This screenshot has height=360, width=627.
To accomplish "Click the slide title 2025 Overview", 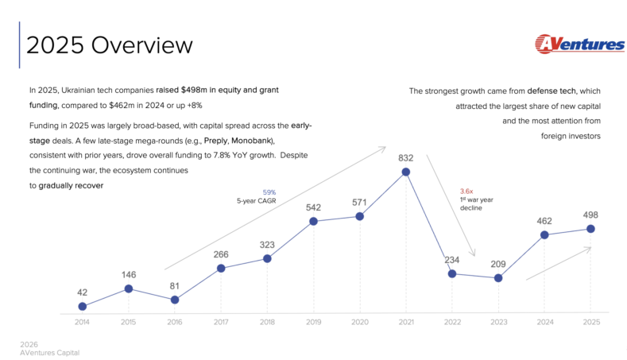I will (110, 45).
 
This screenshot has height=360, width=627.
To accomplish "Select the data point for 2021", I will (406, 172).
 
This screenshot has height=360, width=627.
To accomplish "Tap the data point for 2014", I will (82, 306).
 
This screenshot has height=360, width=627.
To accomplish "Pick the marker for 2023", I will (498, 278).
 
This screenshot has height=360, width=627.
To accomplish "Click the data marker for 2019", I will (313, 221).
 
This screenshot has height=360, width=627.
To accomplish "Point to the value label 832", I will (406, 158).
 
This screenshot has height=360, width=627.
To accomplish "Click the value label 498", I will (590, 215).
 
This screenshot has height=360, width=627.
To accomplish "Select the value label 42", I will (82, 292).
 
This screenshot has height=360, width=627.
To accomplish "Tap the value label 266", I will (221, 254).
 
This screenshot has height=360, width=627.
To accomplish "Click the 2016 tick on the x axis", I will (175, 322).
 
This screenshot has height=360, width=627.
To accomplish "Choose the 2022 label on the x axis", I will (452, 322).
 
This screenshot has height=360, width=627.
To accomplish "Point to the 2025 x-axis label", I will (590, 322).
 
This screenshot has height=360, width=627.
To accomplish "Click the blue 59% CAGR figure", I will (269, 192).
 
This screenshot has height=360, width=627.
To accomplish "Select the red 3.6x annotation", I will (467, 191).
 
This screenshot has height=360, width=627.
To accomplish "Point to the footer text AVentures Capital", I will (50, 351).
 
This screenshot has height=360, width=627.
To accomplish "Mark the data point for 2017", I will (221, 268).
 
